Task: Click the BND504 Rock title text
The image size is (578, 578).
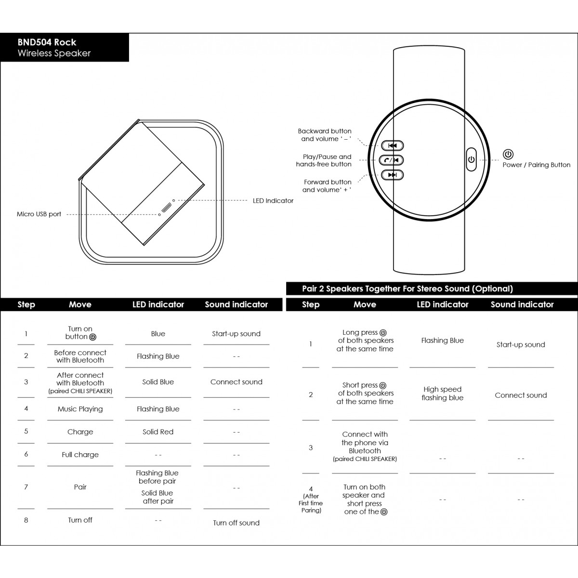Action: [x=47, y=42]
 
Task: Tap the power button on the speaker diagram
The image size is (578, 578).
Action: [x=471, y=159]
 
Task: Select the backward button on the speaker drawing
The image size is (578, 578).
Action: [x=393, y=145]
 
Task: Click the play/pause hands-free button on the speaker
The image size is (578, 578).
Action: [x=392, y=160]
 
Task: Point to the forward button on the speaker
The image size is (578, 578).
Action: [x=393, y=175]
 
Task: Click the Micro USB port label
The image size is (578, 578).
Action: [x=39, y=214]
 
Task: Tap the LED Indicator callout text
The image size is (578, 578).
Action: [x=273, y=201]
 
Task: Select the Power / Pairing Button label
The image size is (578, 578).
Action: [x=536, y=165]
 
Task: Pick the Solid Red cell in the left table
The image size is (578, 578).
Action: [x=158, y=432]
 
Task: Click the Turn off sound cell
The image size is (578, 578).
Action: [x=236, y=523]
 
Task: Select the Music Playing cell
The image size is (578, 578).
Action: [x=80, y=409]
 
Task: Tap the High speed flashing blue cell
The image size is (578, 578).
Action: [x=442, y=394]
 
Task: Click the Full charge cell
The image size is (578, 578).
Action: [x=80, y=455]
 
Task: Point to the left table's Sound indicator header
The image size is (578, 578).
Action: [x=236, y=304]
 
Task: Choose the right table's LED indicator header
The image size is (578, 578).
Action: [x=442, y=304]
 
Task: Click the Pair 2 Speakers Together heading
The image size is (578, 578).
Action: [x=407, y=289]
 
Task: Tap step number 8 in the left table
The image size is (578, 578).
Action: [x=26, y=520]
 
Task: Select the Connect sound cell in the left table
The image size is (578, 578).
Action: [x=236, y=382]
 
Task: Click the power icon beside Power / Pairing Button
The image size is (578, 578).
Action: [x=508, y=155]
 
